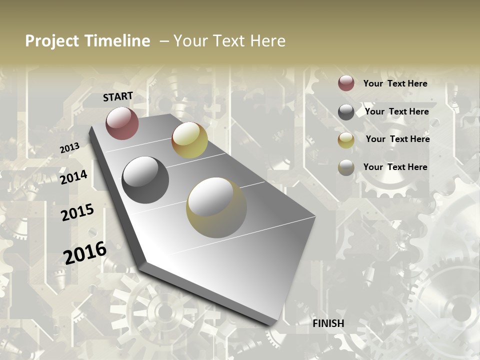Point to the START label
(x=118, y=96)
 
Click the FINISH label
(x=328, y=323)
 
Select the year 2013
(x=69, y=148)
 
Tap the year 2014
(x=73, y=177)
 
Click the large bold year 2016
(x=85, y=252)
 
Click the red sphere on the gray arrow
(x=122, y=123)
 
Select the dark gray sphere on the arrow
(x=145, y=179)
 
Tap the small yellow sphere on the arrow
(x=189, y=140)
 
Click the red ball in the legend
(x=346, y=83)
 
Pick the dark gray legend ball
(x=346, y=112)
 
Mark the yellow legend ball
(x=346, y=140)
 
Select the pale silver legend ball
(x=346, y=167)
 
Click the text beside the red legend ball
(x=395, y=83)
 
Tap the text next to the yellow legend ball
(x=397, y=139)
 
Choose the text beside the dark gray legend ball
(x=396, y=111)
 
